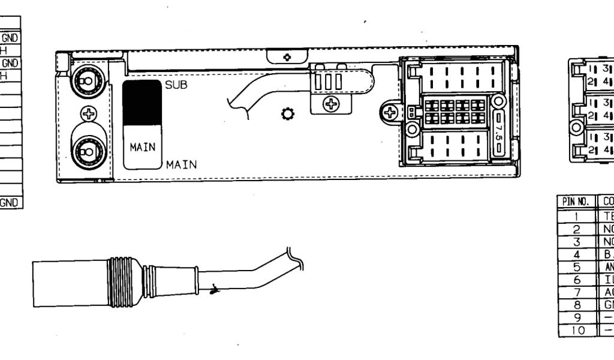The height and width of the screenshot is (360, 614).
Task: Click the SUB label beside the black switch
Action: click(176, 85)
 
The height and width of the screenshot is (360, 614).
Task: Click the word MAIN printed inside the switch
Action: click(142, 147)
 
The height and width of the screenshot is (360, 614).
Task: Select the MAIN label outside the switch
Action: click(182, 164)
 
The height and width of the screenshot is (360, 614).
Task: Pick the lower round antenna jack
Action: click(88, 148)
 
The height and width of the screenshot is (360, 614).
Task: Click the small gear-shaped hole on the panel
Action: click(286, 114)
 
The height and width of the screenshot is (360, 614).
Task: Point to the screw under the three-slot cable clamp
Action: click(330, 103)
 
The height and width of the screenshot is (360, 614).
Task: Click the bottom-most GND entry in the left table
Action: click(11, 203)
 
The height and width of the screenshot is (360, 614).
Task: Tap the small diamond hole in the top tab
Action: click(287, 57)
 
